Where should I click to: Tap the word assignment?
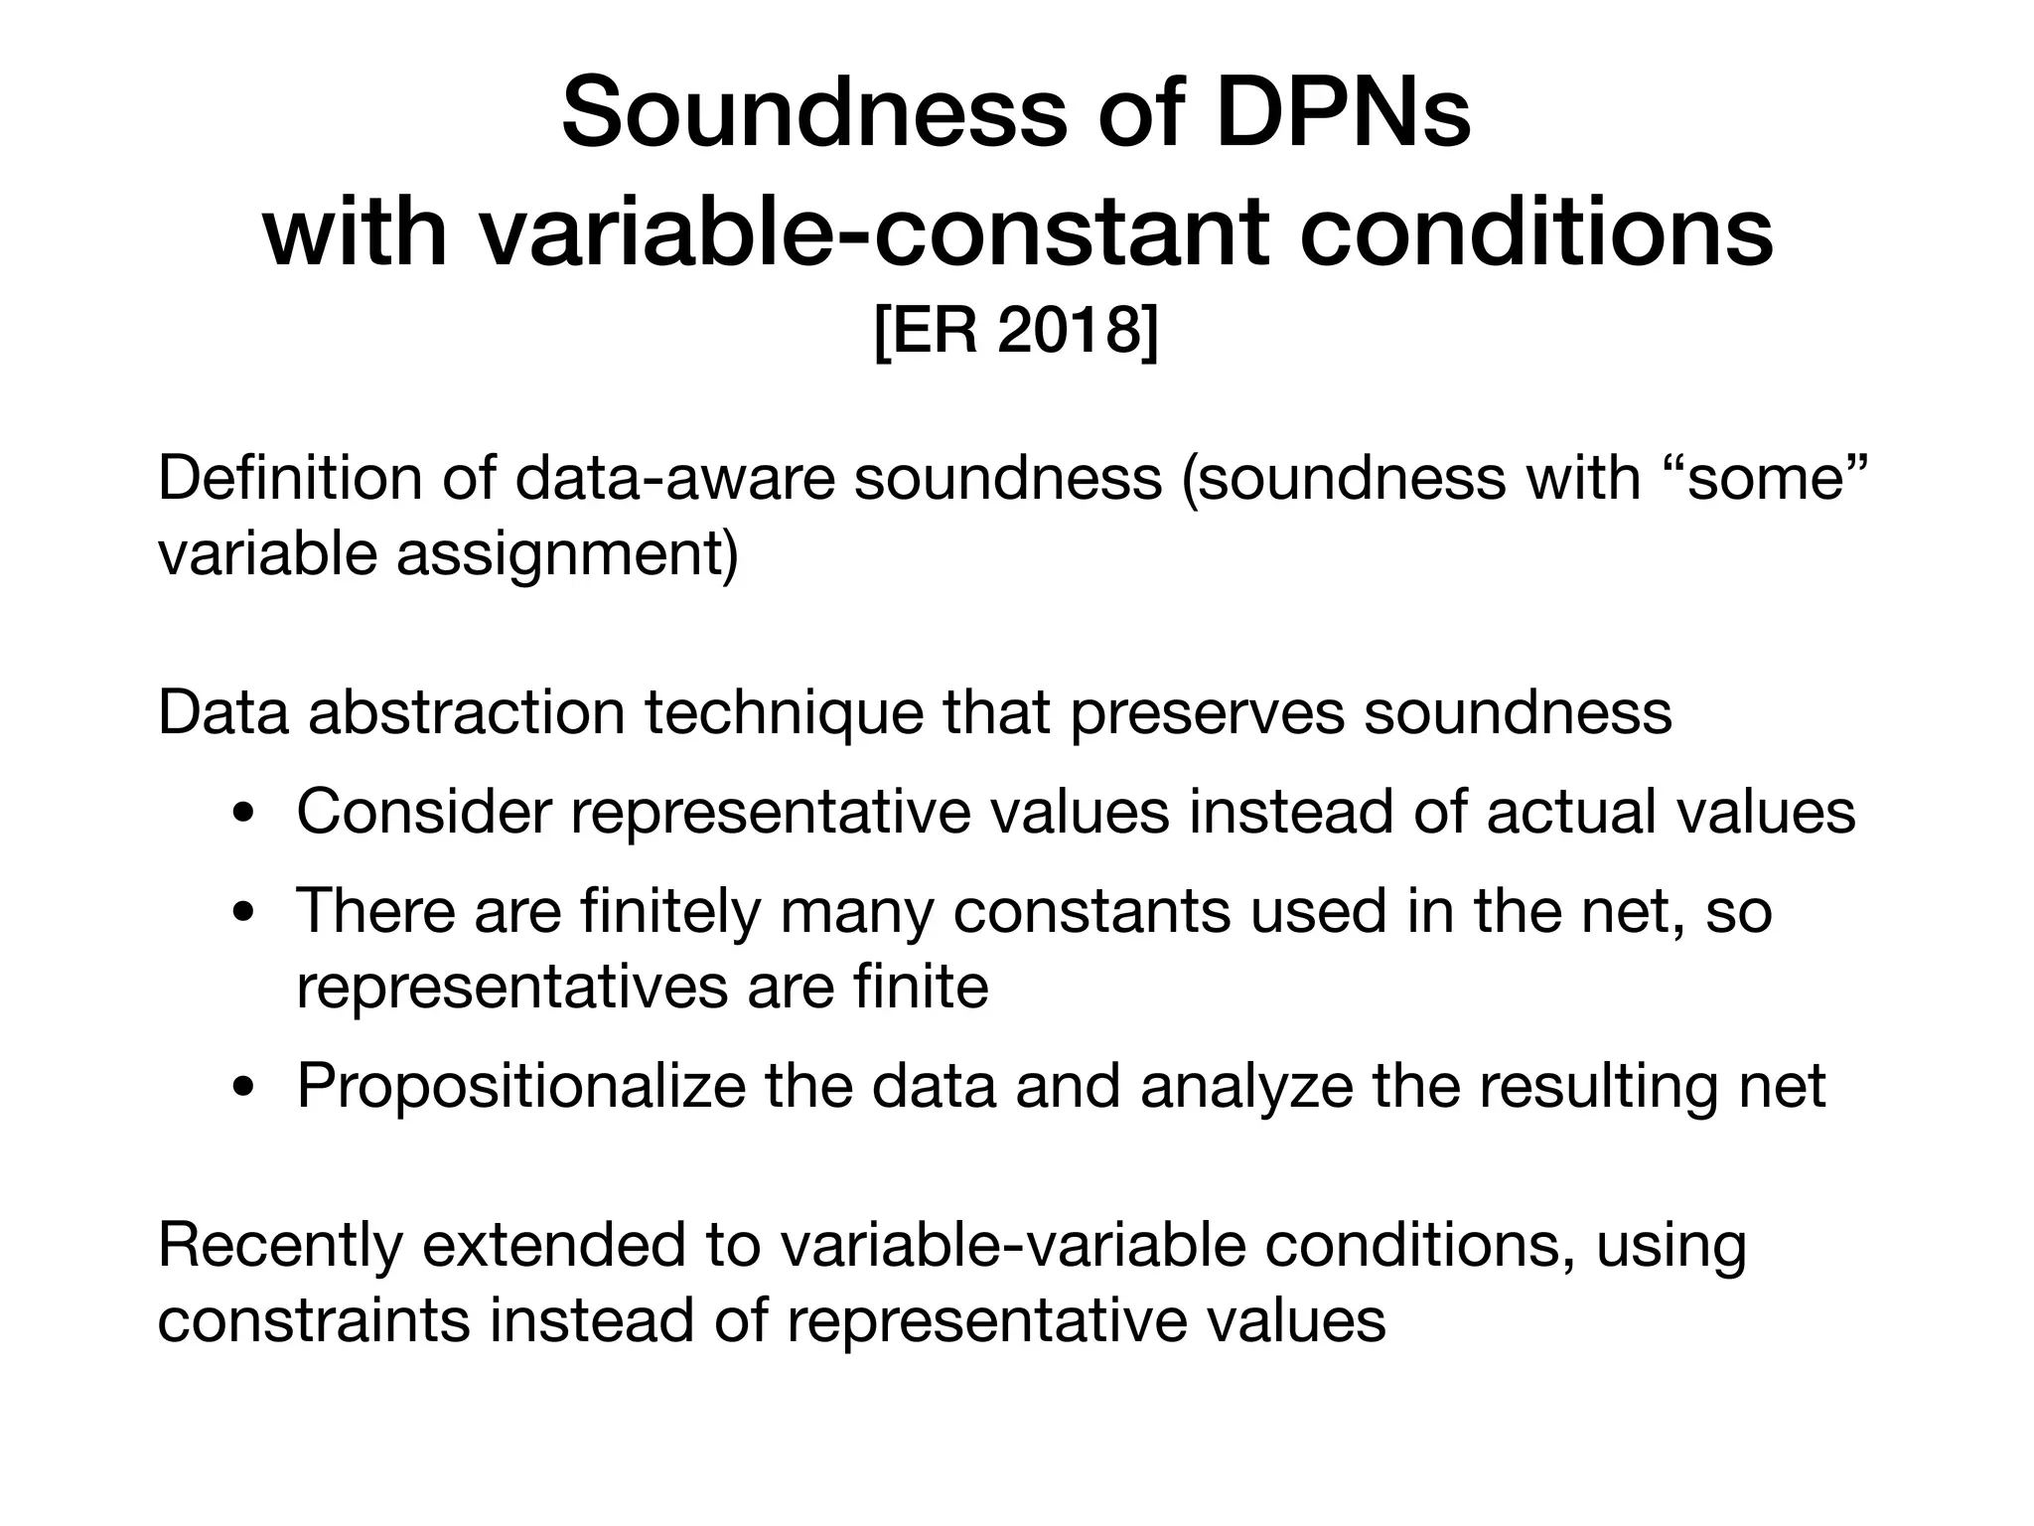[567, 553]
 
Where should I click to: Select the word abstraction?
[467, 712]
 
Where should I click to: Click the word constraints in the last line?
[313, 1320]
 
